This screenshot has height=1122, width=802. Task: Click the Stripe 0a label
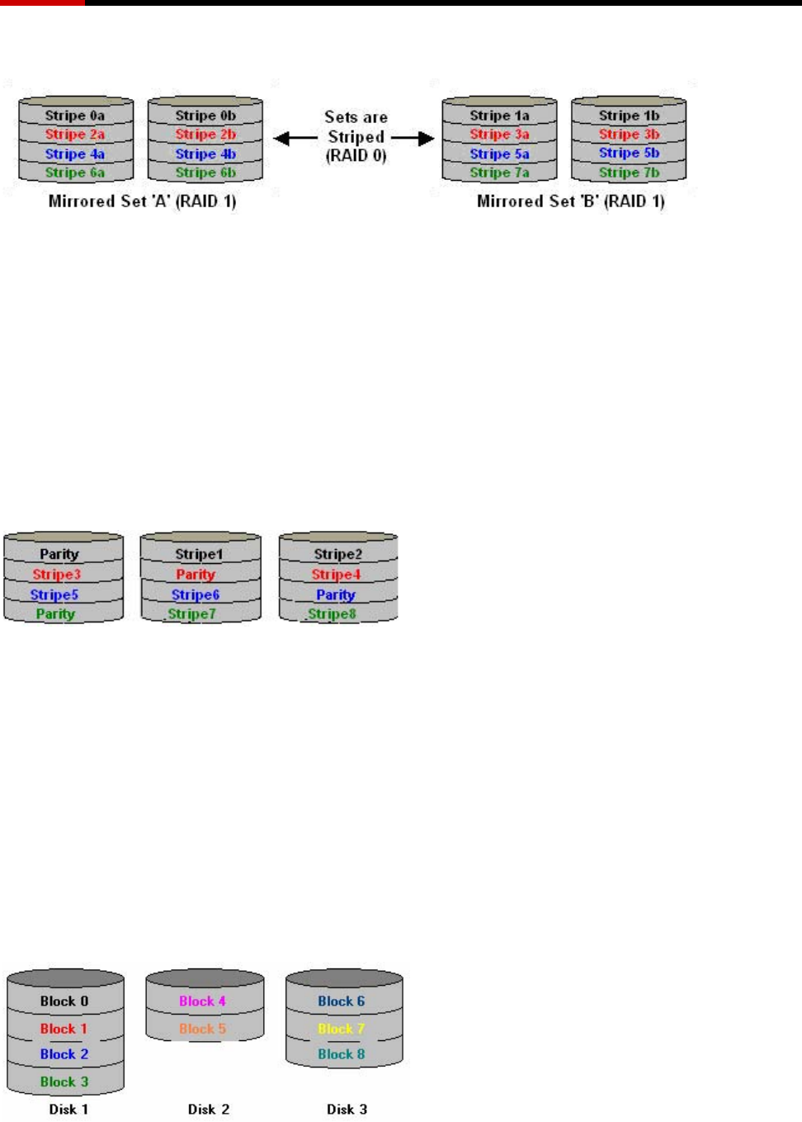coord(74,116)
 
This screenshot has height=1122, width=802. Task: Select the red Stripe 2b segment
coord(205,135)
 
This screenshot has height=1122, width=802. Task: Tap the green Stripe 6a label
coord(74,173)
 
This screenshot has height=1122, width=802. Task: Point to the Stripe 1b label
coord(629,116)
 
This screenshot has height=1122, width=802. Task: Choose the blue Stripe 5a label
coord(499,154)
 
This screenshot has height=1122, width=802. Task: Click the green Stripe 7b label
coord(629,173)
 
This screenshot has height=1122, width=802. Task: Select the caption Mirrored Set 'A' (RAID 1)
coord(142,201)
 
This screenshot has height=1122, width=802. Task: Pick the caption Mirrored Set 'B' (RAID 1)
coord(570,201)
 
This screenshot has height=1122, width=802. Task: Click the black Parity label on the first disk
coord(59,554)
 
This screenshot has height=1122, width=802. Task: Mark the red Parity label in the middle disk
coord(196,575)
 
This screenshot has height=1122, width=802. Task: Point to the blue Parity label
coord(336,594)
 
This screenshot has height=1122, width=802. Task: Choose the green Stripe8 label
coord(332,614)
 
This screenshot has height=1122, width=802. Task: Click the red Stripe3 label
coord(57,575)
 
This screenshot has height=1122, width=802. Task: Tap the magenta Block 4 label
coord(202,1001)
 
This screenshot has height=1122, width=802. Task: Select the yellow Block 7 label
coord(341,1029)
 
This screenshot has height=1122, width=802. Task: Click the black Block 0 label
coord(64,1001)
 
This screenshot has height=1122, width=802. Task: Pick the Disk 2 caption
coord(208,1110)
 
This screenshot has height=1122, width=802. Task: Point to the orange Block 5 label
coord(202,1029)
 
